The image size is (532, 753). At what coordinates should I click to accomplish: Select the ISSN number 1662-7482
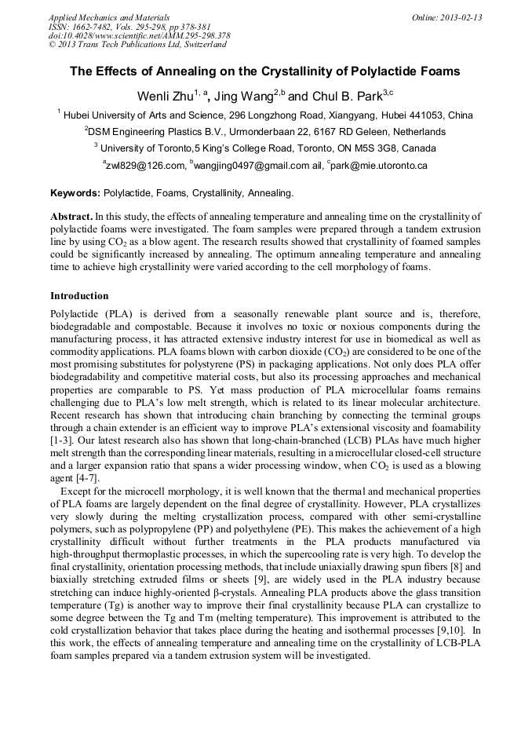tap(95, 27)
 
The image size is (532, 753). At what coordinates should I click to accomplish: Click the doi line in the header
tap(139, 36)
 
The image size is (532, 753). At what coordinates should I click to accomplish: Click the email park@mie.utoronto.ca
tap(380, 166)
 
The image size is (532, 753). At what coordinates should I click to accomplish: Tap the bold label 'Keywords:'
tap(75, 193)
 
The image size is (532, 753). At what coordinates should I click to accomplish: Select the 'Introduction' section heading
tap(79, 296)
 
